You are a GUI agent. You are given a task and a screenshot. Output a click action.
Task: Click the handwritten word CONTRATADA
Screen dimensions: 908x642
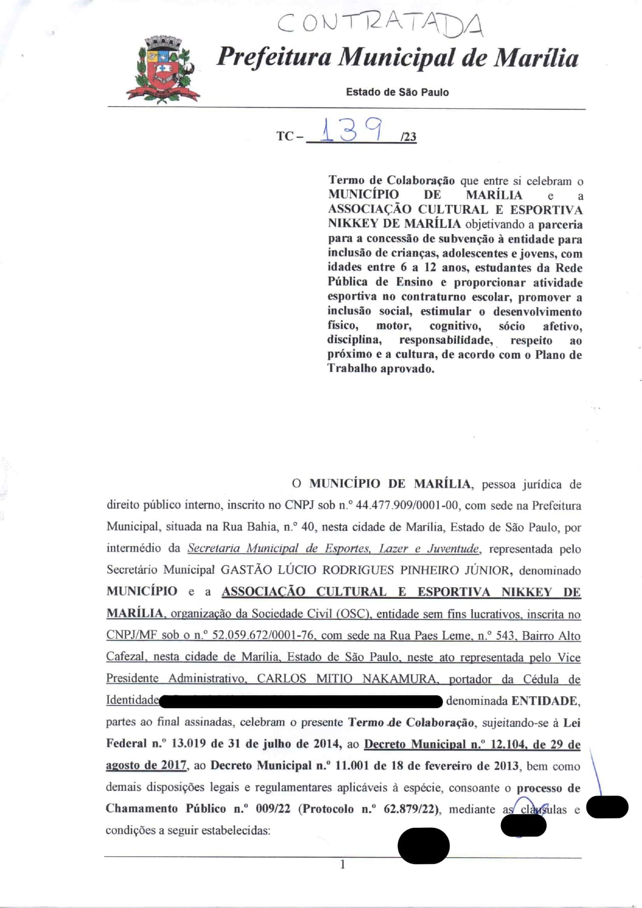click(x=381, y=24)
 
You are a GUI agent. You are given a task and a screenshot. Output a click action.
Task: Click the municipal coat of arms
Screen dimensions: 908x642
click(x=163, y=69)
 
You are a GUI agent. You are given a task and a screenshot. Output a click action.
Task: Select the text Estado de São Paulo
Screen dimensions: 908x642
click(x=397, y=92)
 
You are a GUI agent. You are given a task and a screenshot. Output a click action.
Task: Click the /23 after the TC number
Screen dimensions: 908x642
click(x=408, y=137)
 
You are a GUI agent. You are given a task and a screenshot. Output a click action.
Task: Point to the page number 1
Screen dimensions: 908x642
click(x=342, y=864)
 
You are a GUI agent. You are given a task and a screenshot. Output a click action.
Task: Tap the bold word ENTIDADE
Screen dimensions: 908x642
click(x=545, y=701)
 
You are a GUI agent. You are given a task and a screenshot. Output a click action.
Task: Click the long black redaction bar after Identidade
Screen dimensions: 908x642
click(x=300, y=701)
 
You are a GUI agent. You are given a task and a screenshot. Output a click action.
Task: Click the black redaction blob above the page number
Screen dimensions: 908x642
click(x=423, y=846)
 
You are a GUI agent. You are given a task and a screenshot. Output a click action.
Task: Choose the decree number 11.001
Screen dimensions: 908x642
click(x=352, y=766)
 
